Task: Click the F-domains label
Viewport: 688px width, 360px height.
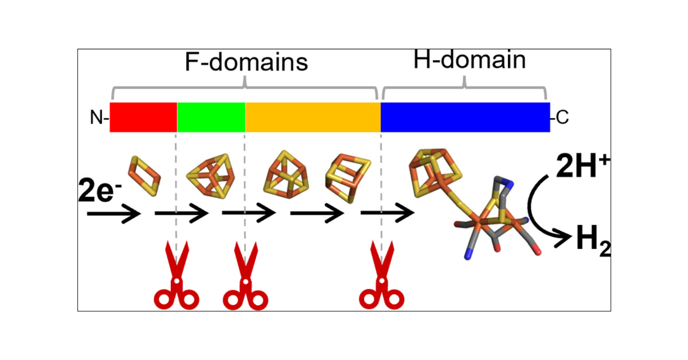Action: pyautogui.click(x=246, y=62)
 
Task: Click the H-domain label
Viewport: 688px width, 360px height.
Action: pyautogui.click(x=469, y=60)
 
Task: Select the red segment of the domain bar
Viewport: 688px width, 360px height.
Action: pyautogui.click(x=143, y=117)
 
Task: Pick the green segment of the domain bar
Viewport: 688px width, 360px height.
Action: pyautogui.click(x=211, y=117)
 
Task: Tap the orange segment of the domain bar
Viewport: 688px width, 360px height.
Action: pyautogui.click(x=313, y=117)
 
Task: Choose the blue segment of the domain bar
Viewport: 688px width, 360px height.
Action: pyautogui.click(x=465, y=117)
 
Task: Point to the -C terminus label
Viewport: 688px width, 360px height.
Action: pyautogui.click(x=560, y=117)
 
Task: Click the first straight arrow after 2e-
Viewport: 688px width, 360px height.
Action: pyautogui.click(x=114, y=214)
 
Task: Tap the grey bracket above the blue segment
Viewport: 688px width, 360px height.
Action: pyautogui.click(x=464, y=88)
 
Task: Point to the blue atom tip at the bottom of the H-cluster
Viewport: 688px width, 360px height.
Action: pyautogui.click(x=468, y=256)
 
